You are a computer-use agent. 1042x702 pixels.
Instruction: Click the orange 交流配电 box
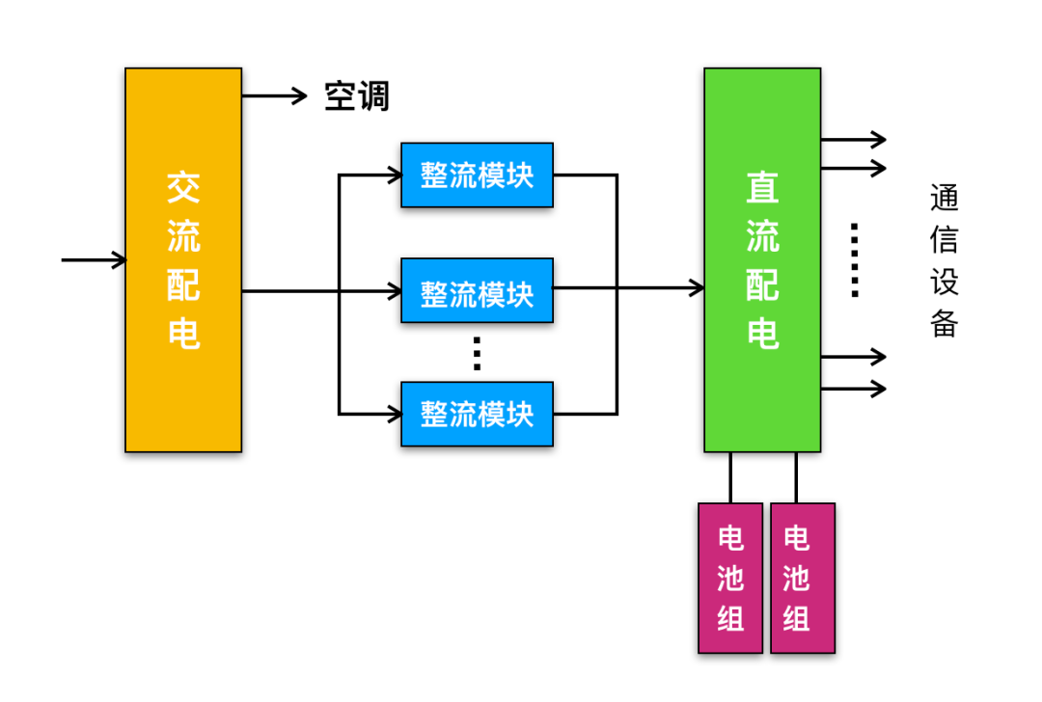183,259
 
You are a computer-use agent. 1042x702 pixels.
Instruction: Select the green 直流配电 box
762,259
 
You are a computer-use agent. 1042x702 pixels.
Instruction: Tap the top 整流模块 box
477,175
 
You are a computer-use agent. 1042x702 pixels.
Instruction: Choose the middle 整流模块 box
477,289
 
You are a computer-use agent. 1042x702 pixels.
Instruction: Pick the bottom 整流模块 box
477,414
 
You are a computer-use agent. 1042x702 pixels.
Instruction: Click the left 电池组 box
730,578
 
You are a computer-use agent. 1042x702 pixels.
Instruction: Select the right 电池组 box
802,578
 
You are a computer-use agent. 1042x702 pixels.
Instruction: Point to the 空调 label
356,96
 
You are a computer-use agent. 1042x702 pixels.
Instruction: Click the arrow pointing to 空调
275,95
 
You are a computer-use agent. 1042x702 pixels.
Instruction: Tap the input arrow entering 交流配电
95,259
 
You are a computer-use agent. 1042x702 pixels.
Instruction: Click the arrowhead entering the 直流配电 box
697,287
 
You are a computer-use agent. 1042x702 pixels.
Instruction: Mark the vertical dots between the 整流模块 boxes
477,353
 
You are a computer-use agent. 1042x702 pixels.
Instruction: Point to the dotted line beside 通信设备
854,259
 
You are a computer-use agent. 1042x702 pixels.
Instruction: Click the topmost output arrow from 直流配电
853,140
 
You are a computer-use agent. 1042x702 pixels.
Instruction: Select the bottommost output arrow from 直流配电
853,389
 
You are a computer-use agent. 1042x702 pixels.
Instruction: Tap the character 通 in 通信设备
944,198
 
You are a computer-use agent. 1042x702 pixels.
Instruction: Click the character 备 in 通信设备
944,323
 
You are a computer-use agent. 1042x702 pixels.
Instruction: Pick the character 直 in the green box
762,188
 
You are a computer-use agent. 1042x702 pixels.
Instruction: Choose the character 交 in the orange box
183,188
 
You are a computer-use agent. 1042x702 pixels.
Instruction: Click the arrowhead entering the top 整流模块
395,175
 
